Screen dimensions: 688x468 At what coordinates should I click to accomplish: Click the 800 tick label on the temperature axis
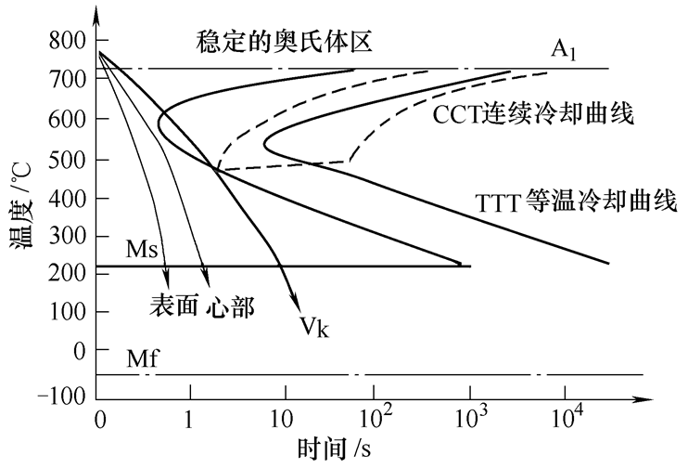pos(67,41)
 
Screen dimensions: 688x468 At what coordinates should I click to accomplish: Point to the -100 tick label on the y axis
pos(61,396)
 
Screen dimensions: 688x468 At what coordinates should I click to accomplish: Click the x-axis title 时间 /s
pos(335,448)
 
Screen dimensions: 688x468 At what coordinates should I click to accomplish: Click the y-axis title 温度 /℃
pos(21,205)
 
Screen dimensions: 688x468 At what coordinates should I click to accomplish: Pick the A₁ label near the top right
pos(564,50)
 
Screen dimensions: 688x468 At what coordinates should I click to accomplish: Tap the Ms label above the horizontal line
pos(142,250)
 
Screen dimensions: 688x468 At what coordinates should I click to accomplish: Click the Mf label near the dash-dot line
pos(142,358)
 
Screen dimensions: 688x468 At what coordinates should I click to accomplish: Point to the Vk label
pos(314,327)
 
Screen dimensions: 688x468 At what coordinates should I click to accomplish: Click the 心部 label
pos(229,305)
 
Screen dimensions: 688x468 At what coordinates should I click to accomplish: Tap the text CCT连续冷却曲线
pos(532,114)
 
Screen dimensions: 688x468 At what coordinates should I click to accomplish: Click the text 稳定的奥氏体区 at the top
pos(284,42)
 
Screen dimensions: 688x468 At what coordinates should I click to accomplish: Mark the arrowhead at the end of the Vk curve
pos(296,304)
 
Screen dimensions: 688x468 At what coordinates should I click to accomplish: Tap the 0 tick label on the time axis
pos(100,420)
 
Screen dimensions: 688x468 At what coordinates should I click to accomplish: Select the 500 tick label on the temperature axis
pos(67,160)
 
